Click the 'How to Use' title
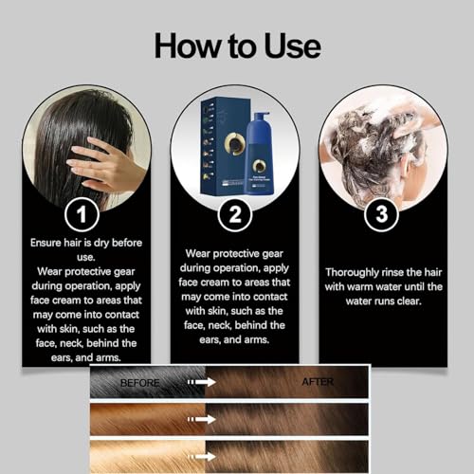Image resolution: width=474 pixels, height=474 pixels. [237, 45]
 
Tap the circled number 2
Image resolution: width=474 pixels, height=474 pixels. [234, 213]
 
